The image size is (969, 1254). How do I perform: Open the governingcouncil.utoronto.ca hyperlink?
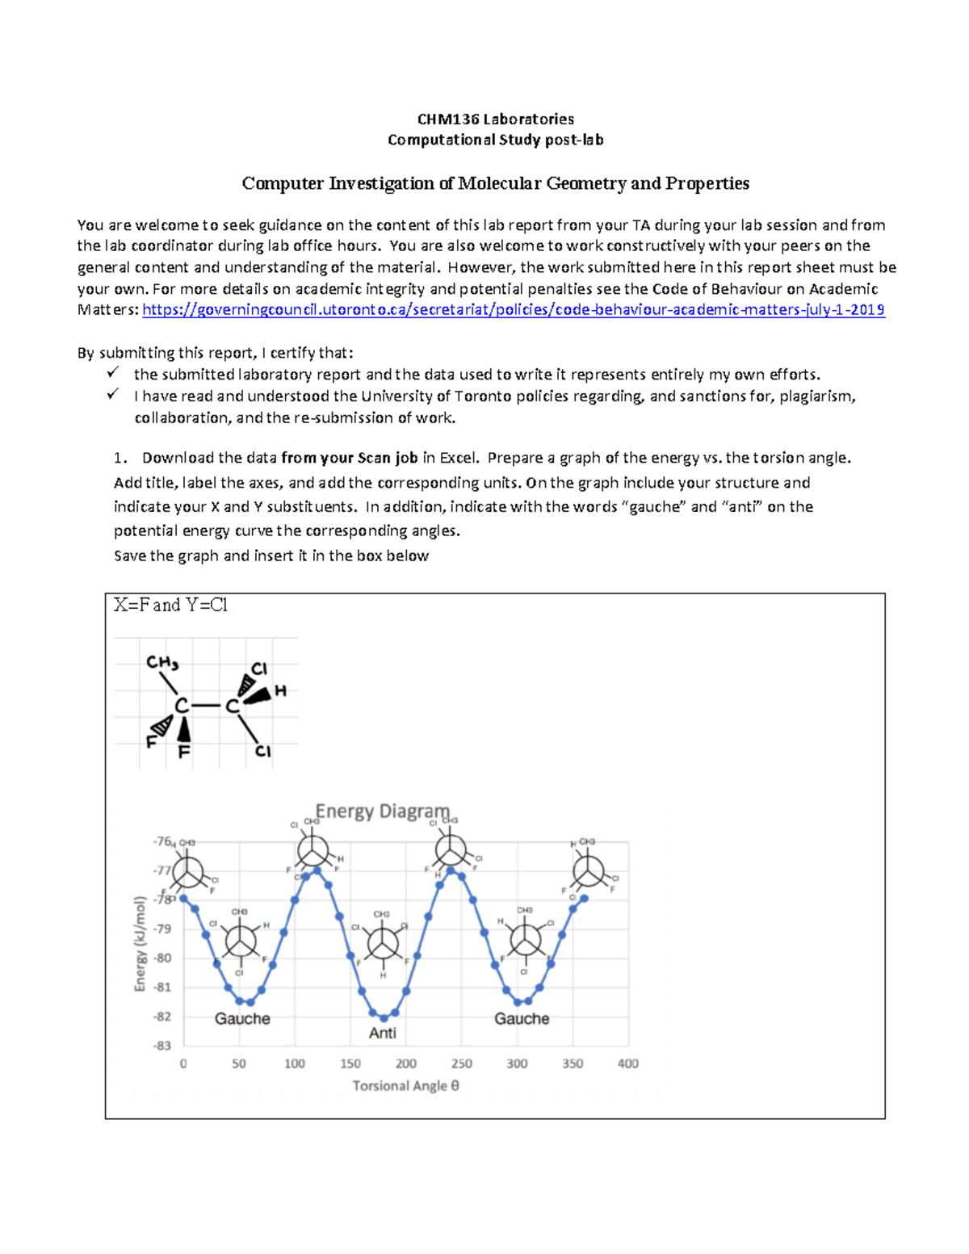tap(513, 310)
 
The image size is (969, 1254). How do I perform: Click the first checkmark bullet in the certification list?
tap(112, 373)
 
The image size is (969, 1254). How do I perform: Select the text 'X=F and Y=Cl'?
tap(170, 605)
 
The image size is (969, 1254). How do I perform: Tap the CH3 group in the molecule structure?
tap(161, 663)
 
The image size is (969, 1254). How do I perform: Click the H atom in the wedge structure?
tap(280, 691)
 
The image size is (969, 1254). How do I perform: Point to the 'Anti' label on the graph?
tap(382, 1033)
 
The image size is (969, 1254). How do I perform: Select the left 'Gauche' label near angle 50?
tap(242, 1019)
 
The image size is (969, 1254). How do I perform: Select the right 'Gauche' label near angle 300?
tap(522, 1019)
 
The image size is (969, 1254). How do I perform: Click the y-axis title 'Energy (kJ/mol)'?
tap(141, 943)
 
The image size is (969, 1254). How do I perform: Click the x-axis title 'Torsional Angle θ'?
tap(405, 1086)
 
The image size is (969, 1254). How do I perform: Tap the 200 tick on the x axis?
tap(406, 1064)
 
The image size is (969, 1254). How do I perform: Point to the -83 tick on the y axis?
tap(162, 1046)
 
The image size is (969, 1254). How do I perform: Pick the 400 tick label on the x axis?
tap(627, 1064)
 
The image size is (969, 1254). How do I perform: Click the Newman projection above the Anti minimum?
tap(382, 942)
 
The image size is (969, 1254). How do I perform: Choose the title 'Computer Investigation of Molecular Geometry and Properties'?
tap(495, 184)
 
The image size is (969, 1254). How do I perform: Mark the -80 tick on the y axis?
tap(162, 958)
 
